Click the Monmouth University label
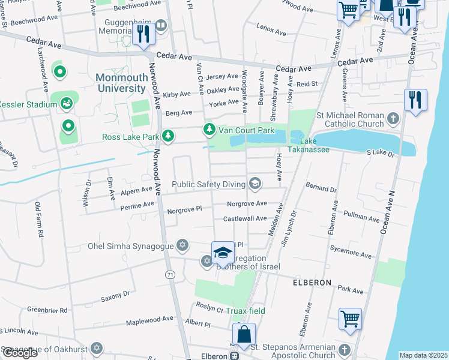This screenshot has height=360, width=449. pos(121,83)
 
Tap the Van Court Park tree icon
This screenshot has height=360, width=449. pos(209,129)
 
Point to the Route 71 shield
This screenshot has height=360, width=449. pos(170,274)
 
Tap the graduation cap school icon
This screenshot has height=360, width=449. pos(222,253)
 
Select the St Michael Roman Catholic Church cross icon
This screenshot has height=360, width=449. pos(393,118)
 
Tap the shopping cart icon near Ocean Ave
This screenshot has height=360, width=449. pos(350,319)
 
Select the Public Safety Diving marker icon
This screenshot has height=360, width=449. pos(255,184)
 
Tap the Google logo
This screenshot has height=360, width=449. pos(20,353)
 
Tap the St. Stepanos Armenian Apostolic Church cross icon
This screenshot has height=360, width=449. pos(344,349)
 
